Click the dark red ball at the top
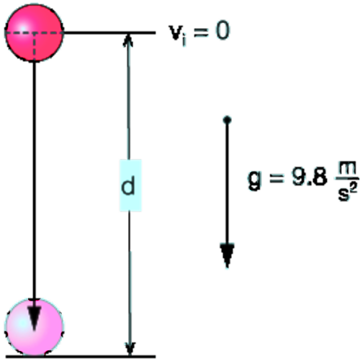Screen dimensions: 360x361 (x=34, y=33)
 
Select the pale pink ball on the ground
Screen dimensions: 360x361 (x=34, y=327)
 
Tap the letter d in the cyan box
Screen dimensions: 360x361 (x=128, y=185)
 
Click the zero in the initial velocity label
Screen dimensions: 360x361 (x=222, y=31)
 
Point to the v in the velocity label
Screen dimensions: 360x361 (x=176, y=32)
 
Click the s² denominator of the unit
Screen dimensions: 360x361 (x=347, y=192)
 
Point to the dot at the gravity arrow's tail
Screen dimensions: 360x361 (x=227, y=119)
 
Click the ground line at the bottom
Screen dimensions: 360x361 (x=81, y=357)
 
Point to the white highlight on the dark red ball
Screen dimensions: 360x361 (x=22, y=28)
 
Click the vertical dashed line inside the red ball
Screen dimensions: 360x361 (x=34, y=47)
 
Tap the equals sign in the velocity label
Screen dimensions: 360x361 (x=201, y=32)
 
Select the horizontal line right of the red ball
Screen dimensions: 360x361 (x=109, y=32)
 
